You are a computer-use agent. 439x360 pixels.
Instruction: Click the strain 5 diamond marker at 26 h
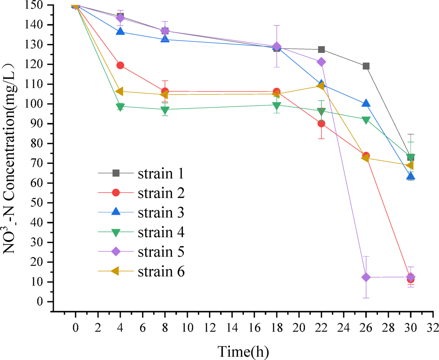[366, 277]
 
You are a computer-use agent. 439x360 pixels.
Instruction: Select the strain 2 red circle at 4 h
[120, 65]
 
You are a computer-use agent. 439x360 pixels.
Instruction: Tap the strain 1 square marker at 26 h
[366, 66]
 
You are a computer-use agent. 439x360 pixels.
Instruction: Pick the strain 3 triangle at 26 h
[366, 104]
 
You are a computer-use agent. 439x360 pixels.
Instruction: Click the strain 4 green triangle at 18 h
[276, 106]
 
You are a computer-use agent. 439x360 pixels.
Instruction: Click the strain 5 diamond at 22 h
[321, 62]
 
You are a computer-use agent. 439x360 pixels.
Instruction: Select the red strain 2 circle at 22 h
[321, 124]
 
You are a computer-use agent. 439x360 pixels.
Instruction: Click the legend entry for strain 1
[160, 173]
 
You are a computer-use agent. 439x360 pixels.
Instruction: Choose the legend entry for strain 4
[160, 232]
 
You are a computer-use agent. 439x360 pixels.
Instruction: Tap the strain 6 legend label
[160, 271]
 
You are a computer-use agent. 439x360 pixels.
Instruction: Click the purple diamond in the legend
[116, 252]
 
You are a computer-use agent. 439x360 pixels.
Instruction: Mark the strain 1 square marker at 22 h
[321, 50]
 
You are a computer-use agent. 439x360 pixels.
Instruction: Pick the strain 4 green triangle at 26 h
[366, 120]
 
